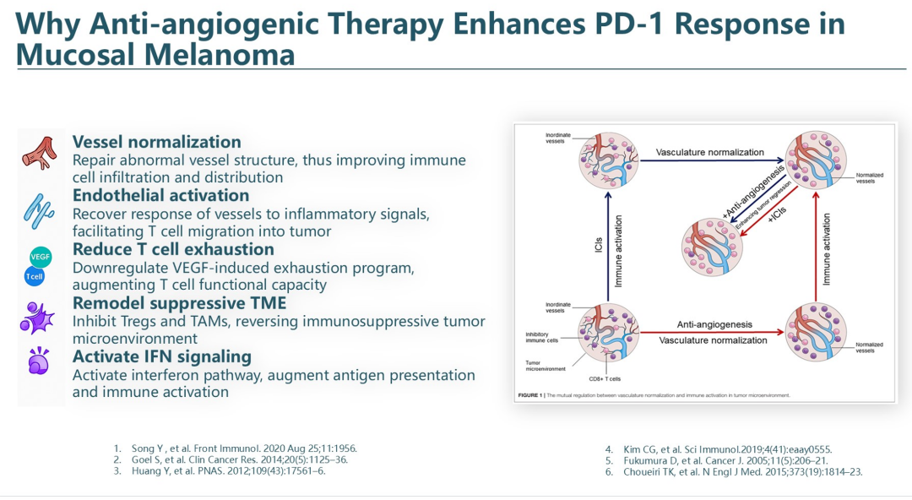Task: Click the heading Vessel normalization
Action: [156, 142]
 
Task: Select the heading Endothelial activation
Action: [160, 196]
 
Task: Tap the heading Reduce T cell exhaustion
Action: [173, 249]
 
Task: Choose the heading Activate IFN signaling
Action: [162, 356]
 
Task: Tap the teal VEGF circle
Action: [41, 256]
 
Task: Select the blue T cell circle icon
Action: [35, 276]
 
